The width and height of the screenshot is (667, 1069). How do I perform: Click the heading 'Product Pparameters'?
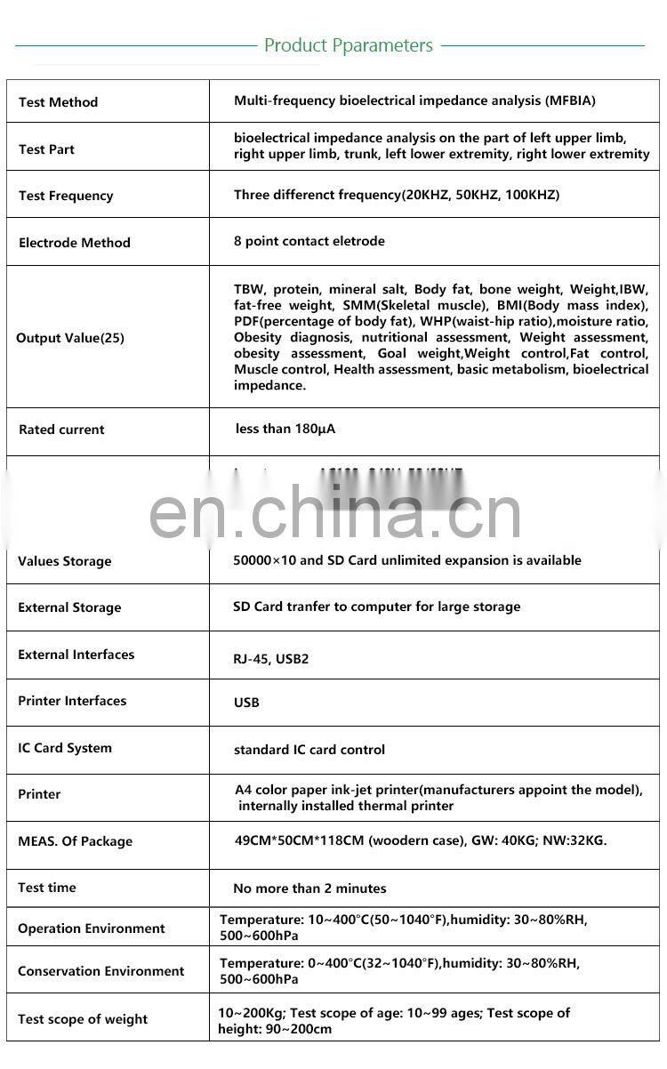pyautogui.click(x=348, y=45)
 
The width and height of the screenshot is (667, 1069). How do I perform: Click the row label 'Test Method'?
pyautogui.click(x=58, y=102)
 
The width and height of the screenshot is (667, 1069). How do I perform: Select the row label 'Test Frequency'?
pyautogui.click(x=66, y=196)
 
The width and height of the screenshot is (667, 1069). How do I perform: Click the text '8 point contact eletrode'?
pyautogui.click(x=309, y=241)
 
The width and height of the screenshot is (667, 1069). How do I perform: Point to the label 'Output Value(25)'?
pyautogui.click(x=70, y=338)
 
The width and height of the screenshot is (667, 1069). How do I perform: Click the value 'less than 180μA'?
pyautogui.click(x=285, y=429)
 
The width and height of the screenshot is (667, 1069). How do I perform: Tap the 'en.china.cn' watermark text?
pyautogui.click(x=334, y=513)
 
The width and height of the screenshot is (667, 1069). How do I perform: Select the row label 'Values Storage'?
pyautogui.click(x=65, y=561)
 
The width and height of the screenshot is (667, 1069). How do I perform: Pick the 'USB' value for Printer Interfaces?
pyautogui.click(x=246, y=703)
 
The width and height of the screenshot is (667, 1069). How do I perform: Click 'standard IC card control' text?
pyautogui.click(x=309, y=750)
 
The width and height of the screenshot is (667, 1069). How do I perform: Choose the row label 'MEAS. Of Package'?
pyautogui.click(x=75, y=841)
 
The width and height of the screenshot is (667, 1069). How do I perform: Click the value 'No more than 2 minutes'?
pyautogui.click(x=309, y=888)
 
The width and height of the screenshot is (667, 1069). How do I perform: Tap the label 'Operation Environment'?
pyautogui.click(x=92, y=928)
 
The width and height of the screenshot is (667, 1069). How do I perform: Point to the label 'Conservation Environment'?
pyautogui.click(x=101, y=971)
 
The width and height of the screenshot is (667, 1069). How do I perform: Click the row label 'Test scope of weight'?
pyautogui.click(x=83, y=1019)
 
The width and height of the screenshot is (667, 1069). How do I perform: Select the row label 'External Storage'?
pyautogui.click(x=69, y=608)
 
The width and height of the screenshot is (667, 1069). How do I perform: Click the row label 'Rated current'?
pyautogui.click(x=61, y=430)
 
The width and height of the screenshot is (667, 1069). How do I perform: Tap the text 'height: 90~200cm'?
pyautogui.click(x=275, y=1029)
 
